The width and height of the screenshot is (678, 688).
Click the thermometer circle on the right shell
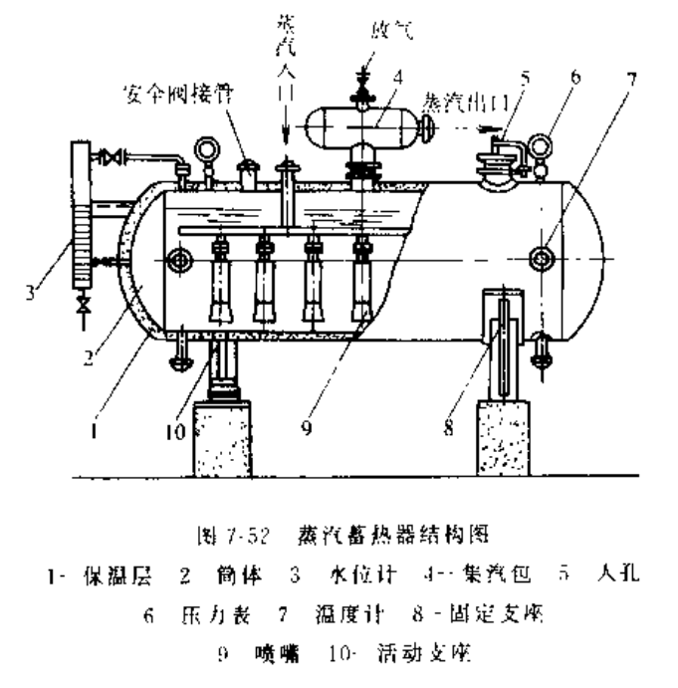(541, 257)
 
